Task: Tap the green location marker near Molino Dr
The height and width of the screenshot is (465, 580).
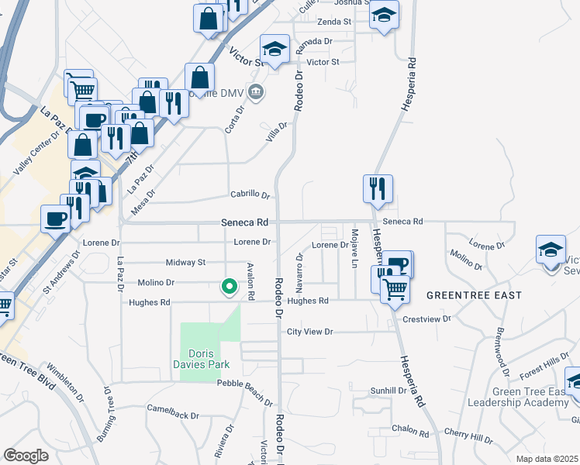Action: tap(230, 287)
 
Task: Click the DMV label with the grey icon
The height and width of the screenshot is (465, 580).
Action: tap(232, 94)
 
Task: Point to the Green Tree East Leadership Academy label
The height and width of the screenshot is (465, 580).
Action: tap(530, 396)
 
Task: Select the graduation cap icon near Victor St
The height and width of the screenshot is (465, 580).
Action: tap(274, 49)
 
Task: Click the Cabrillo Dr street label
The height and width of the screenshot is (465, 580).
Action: tap(250, 195)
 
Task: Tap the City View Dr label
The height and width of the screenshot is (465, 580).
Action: tap(309, 332)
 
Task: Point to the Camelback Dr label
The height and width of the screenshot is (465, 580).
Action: tap(173, 412)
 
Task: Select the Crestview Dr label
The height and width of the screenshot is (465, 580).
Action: tap(426, 319)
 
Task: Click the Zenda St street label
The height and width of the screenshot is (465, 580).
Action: tap(336, 22)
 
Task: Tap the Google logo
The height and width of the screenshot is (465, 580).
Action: tap(26, 455)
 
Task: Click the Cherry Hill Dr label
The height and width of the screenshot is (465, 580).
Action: tap(471, 439)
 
